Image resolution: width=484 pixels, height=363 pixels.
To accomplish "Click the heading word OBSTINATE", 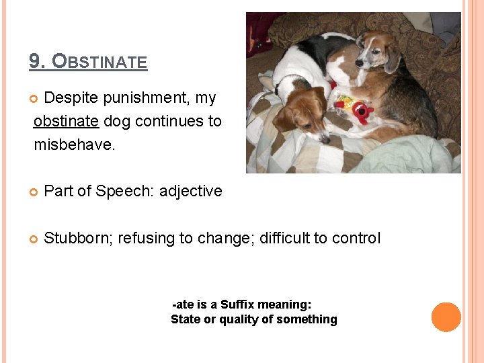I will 99,62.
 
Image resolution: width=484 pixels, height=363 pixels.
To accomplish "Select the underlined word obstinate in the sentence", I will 66,121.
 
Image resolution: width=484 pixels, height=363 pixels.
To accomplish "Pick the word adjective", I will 190,191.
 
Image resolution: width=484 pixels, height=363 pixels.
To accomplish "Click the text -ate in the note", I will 184,305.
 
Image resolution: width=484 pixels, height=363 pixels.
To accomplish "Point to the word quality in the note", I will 238,319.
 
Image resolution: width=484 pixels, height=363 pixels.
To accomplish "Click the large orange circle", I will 446,317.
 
